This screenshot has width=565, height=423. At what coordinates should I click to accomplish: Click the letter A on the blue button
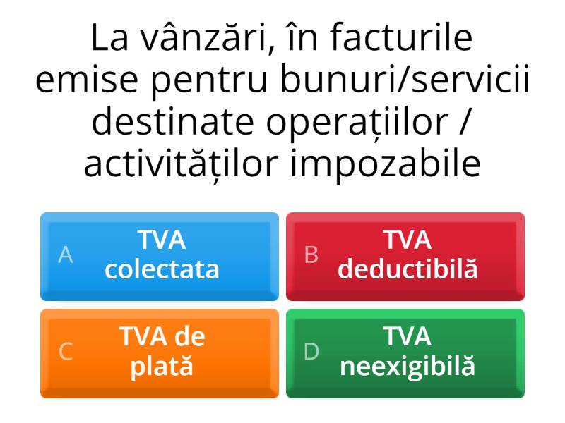66,255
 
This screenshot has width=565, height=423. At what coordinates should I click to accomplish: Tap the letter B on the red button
311,255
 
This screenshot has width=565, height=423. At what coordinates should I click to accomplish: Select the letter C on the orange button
66,351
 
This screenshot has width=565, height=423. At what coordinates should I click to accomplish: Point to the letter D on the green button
311,351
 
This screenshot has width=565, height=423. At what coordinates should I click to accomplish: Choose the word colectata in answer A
162,270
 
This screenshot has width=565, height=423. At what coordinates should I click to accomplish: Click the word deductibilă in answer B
408,270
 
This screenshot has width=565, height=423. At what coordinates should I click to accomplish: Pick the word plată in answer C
162,367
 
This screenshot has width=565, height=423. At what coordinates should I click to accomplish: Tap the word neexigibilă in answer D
408,367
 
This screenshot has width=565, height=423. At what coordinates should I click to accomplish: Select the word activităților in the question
177,165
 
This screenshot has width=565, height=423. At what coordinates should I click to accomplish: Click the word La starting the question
112,40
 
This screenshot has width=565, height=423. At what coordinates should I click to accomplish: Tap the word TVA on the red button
408,240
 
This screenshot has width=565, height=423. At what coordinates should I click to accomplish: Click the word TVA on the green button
408,337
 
